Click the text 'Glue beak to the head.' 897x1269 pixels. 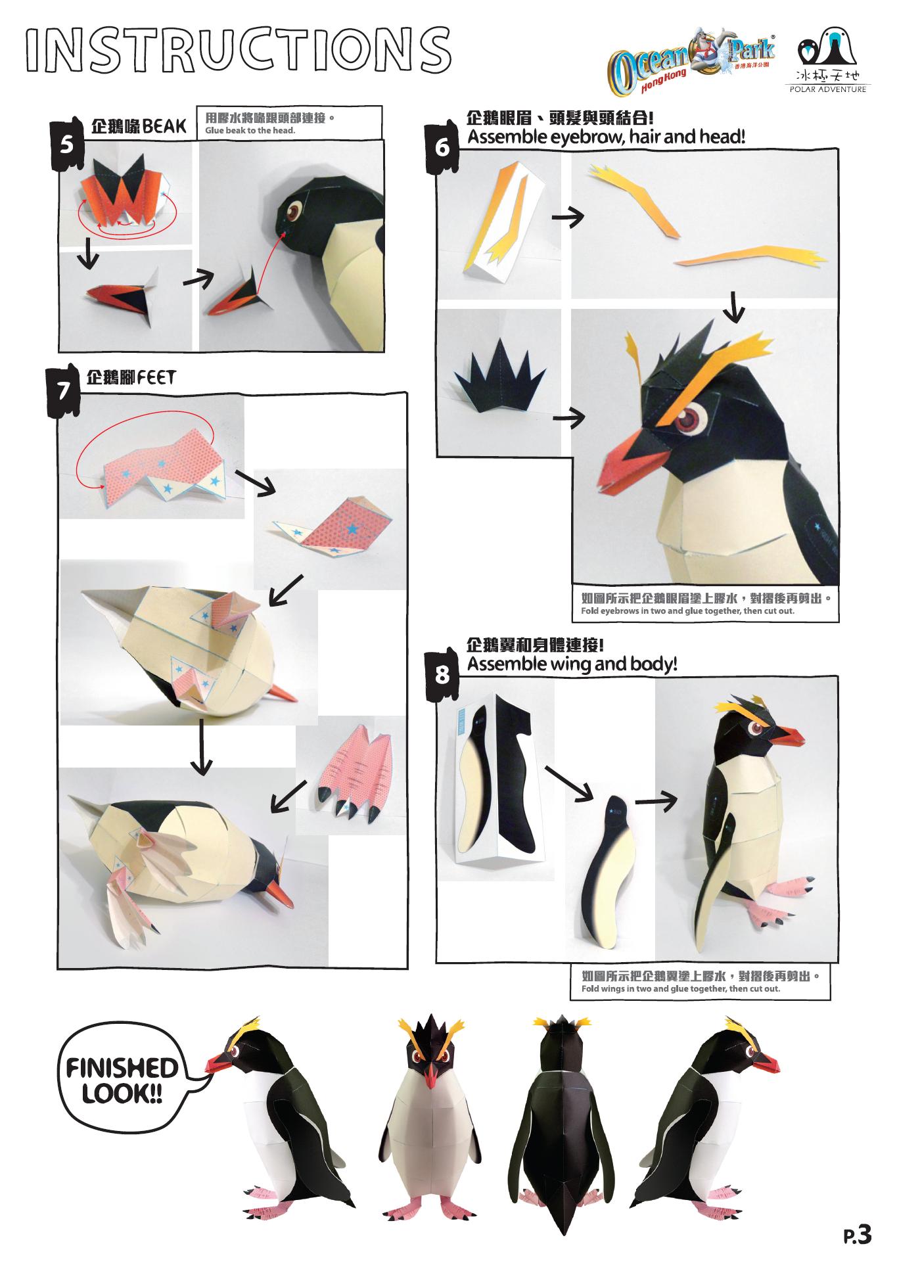point(250,130)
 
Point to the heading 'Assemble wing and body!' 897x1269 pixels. point(572,664)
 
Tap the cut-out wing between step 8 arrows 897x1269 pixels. point(607,868)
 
